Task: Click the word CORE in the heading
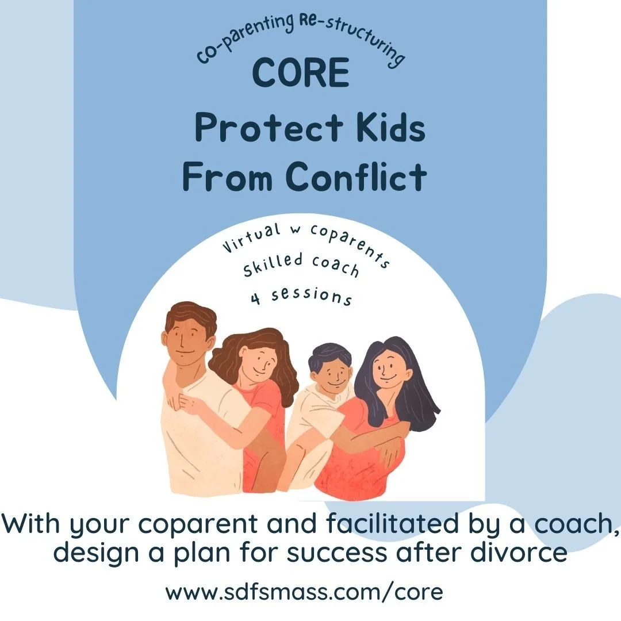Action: (301, 73)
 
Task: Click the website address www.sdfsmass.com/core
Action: (304, 592)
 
